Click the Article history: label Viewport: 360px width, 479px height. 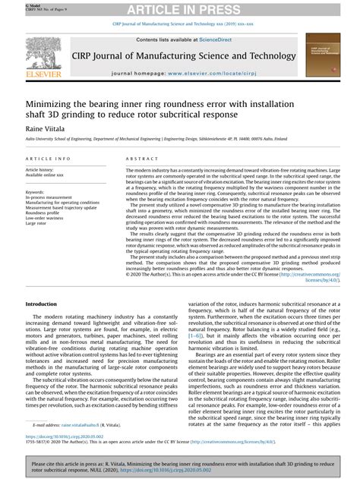(42, 169)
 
